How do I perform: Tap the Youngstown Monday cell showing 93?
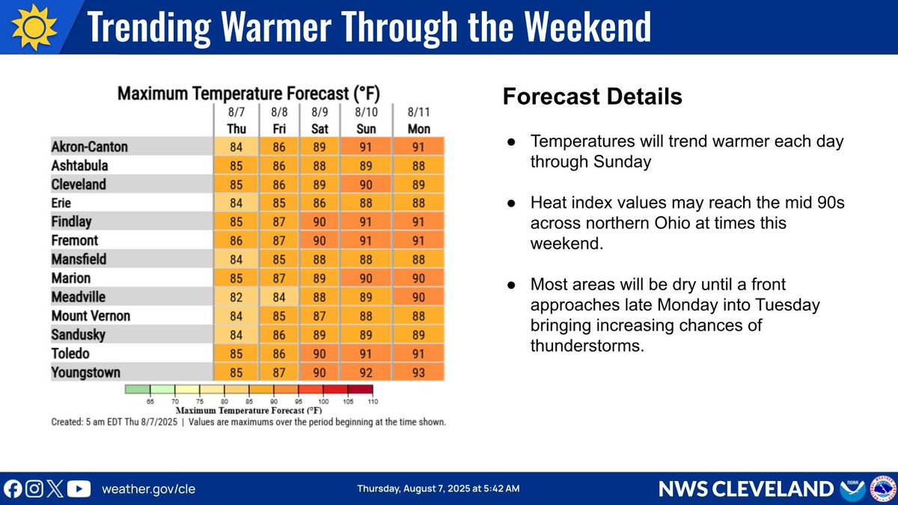418,372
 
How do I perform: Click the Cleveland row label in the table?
79,184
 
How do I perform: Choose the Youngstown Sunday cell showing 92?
367,372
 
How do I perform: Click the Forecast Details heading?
592,97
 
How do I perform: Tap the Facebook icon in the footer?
13,489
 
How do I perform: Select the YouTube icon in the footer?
79,489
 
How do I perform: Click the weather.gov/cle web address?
147,489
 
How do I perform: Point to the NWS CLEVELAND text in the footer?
745,489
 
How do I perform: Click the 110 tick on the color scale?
371,402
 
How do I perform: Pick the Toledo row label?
71,353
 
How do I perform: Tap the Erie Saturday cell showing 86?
320,203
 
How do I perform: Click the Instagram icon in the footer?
34,489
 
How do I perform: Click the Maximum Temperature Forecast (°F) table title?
248,94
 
